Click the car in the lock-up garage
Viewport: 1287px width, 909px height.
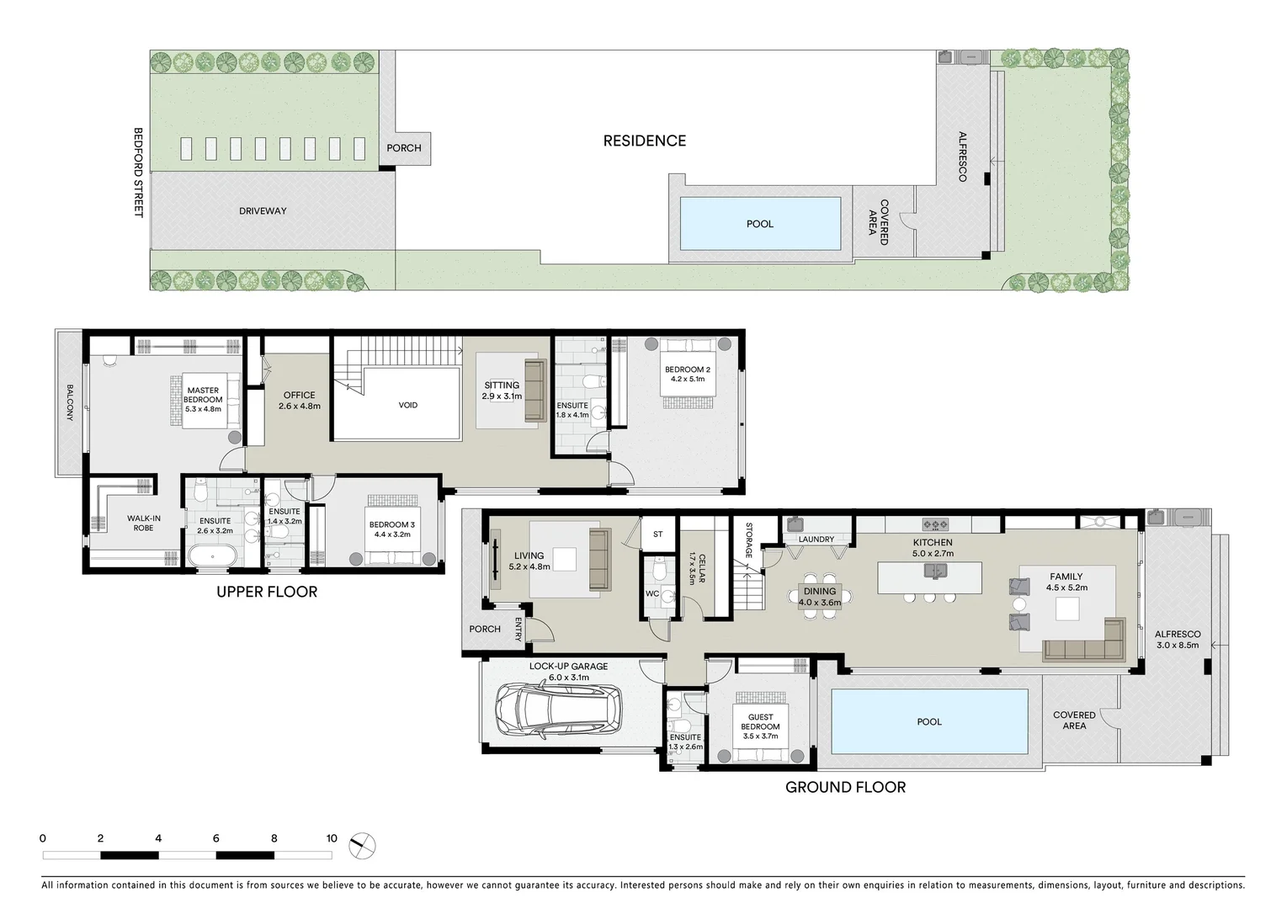[x=557, y=709]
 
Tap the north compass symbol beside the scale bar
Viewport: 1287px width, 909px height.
[x=362, y=845]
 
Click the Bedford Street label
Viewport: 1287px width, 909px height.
[x=139, y=173]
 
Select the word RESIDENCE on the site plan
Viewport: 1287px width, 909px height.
[x=644, y=141]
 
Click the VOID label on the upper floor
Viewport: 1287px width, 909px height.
[x=407, y=405]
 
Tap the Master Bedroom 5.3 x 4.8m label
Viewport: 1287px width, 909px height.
[x=203, y=400]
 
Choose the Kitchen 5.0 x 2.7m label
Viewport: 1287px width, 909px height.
[x=933, y=548]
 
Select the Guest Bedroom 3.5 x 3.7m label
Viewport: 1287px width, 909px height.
[x=760, y=726]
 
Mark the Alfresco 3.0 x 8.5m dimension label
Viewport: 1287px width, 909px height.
[x=1178, y=640]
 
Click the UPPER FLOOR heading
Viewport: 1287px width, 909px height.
[x=267, y=592]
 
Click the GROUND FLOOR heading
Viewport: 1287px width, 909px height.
[x=845, y=787]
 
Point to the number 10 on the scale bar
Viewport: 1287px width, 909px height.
[x=332, y=838]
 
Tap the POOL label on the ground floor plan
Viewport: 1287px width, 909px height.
[x=929, y=721]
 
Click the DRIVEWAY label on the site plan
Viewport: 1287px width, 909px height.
[x=263, y=211]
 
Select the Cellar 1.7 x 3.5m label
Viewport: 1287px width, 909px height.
[x=697, y=568]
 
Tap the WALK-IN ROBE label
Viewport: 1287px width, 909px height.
[x=143, y=523]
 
